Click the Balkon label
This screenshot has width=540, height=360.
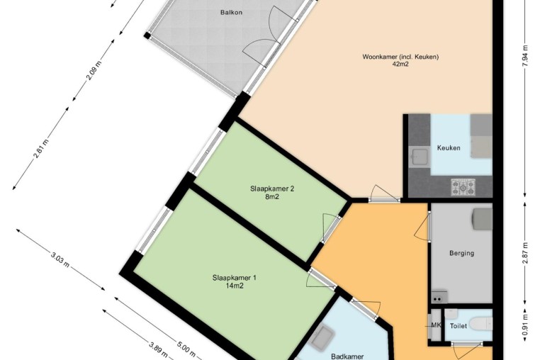click(231, 13)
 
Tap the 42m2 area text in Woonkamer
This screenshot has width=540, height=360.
click(400, 64)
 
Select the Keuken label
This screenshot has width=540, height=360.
click(449, 148)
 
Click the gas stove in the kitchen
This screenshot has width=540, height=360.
click(463, 187)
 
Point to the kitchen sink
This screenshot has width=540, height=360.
click(420, 157)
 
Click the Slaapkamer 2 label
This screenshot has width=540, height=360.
click(272, 189)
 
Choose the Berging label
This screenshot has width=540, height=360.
click(461, 253)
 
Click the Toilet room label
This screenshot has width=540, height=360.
click(459, 326)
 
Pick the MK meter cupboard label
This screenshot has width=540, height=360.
click(436, 325)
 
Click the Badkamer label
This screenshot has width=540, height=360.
click(347, 356)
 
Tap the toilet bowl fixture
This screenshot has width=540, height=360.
click(481, 325)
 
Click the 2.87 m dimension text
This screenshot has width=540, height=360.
click(525, 253)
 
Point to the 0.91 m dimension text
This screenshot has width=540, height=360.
click(525, 325)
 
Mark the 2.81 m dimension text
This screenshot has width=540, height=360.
click(41, 149)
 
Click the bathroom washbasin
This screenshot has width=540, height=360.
click(321, 337)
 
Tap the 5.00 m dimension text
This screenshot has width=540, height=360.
click(186, 349)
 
